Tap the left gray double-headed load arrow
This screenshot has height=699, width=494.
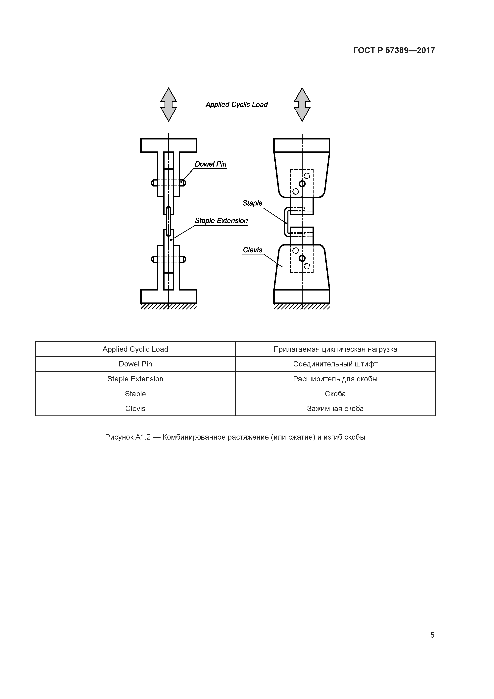(169, 105)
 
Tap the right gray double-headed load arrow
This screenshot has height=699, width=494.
(302, 105)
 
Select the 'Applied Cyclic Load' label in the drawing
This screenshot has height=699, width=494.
(236, 105)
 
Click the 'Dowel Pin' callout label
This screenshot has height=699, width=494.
(211, 164)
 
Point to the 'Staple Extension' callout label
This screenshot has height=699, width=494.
(221, 221)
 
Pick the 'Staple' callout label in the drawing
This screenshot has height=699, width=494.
(252, 203)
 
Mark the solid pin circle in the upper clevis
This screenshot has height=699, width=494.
(302, 184)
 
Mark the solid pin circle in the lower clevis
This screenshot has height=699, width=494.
(302, 258)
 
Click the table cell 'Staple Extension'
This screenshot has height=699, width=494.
(135, 379)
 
